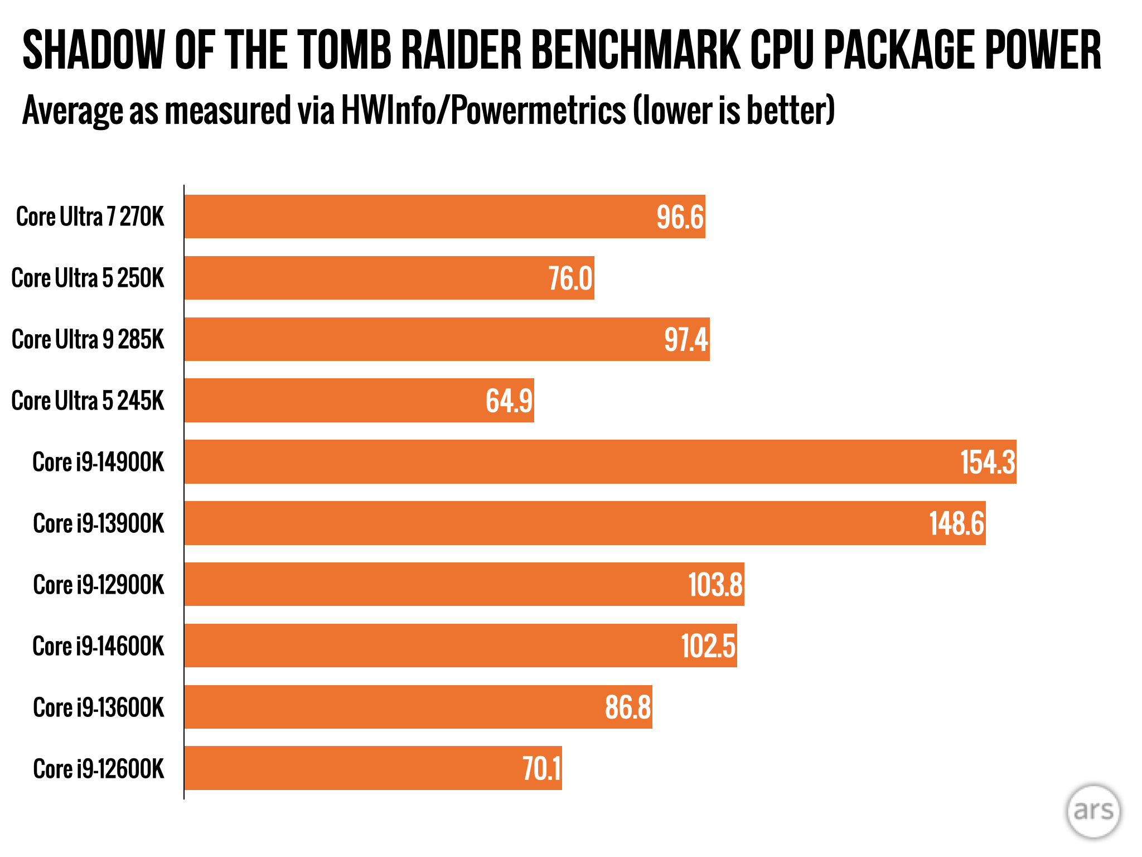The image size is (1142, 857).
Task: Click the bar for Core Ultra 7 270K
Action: (x=444, y=216)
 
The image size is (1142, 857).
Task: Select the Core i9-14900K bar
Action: (x=600, y=461)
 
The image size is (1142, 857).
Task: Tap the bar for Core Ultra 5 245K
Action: (x=359, y=400)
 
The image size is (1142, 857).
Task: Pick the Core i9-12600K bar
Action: (x=373, y=768)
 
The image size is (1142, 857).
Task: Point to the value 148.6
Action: (x=956, y=523)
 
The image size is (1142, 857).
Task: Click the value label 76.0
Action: (x=570, y=278)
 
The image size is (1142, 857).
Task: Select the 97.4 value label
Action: (x=686, y=339)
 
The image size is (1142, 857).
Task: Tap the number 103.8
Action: (x=715, y=585)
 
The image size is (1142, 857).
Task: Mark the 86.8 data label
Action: (x=628, y=707)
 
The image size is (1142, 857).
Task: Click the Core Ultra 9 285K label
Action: (x=88, y=339)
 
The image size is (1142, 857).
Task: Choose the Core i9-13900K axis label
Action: (x=99, y=523)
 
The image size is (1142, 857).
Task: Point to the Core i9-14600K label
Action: (x=99, y=646)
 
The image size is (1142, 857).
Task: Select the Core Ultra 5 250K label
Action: (x=88, y=278)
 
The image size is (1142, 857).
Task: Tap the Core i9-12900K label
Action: (x=99, y=585)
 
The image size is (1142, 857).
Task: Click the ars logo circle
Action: (x=1093, y=811)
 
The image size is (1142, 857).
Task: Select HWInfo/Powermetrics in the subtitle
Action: (x=483, y=110)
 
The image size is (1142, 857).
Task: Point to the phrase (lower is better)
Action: (x=733, y=110)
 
